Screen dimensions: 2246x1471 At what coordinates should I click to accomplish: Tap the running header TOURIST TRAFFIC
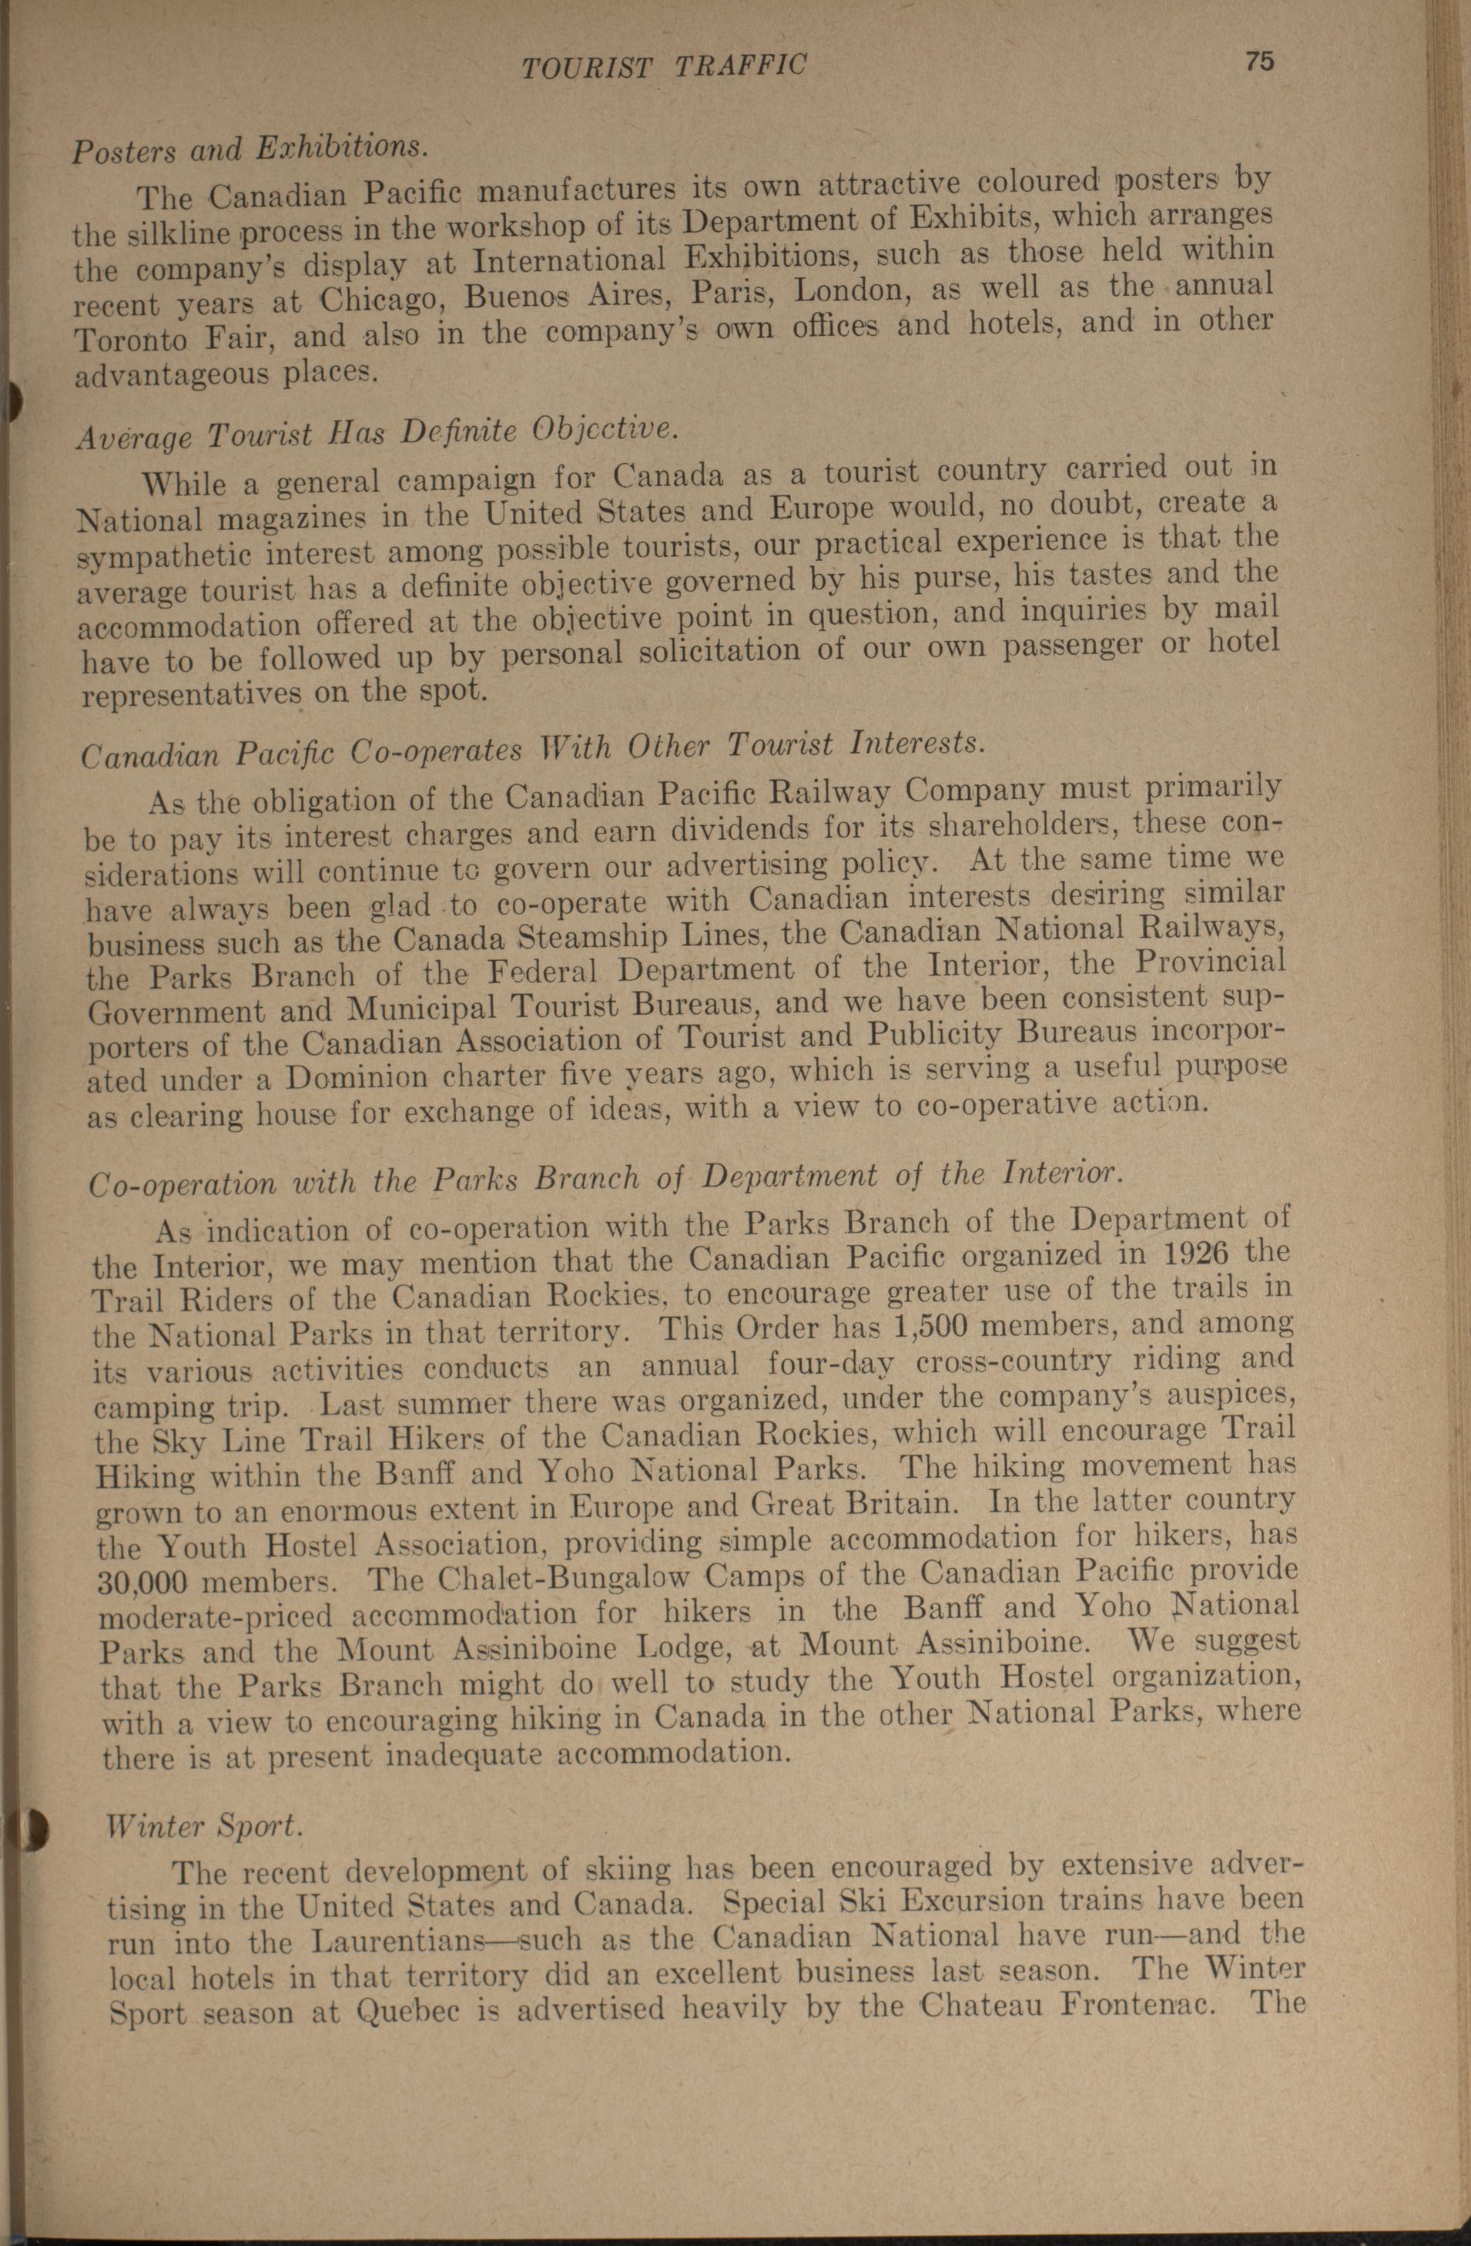(665, 66)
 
